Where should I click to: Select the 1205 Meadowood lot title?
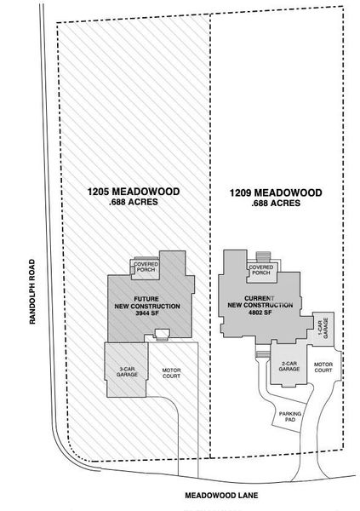pyautogui.click(x=133, y=192)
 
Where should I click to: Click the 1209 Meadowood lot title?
pyautogui.click(x=275, y=193)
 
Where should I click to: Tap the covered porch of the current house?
pyautogui.click(x=260, y=270)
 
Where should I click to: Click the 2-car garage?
pyautogui.click(x=289, y=368)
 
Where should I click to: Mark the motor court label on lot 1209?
pyautogui.click(x=323, y=367)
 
